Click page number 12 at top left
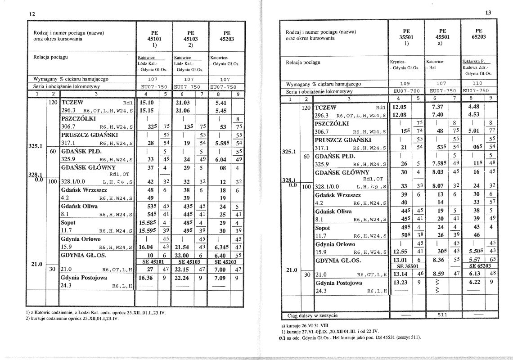pyautogui.click(x=32, y=14)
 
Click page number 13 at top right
pyautogui.click(x=488, y=13)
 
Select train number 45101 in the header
pyautogui.click(x=154, y=39)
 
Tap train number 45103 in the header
pyautogui.click(x=190, y=39)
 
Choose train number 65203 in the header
pyautogui.click(x=479, y=37)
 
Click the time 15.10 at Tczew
pyautogui.click(x=147, y=102)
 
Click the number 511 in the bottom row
pyautogui.click(x=443, y=315)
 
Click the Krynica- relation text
pyautogui.click(x=398, y=61)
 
